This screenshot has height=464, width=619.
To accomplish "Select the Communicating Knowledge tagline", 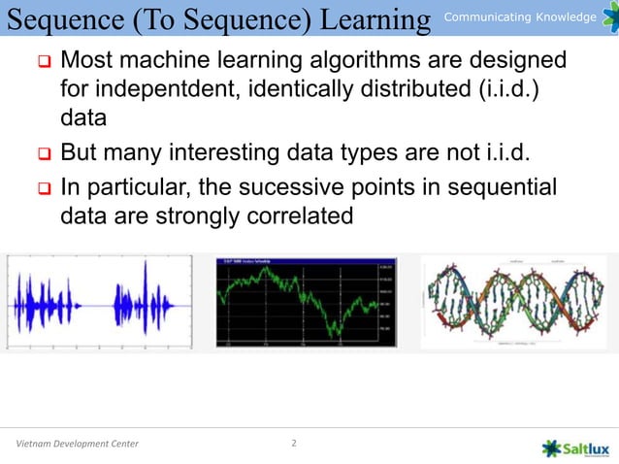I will click(520, 17).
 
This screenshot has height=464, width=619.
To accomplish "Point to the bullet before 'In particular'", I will click(43, 187).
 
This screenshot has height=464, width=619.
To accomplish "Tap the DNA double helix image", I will click(514, 301).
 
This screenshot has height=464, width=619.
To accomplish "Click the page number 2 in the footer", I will click(295, 445).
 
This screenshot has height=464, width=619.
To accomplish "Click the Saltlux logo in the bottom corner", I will click(578, 447).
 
